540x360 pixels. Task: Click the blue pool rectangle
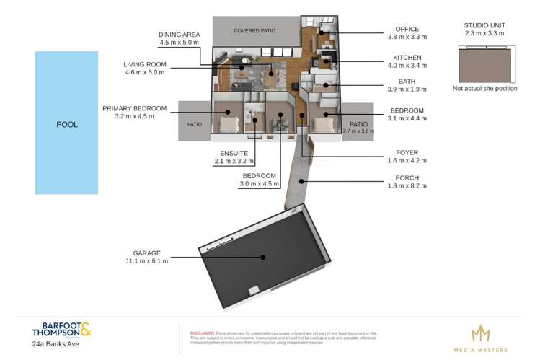click(x=66, y=123)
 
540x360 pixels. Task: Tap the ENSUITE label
click(x=234, y=154)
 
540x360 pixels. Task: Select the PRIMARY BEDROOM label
click(x=135, y=108)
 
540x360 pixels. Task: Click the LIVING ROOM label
click(x=145, y=64)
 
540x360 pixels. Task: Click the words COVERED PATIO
click(x=255, y=31)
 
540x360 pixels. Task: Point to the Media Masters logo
click(x=480, y=336)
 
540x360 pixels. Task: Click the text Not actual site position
click(x=485, y=89)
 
